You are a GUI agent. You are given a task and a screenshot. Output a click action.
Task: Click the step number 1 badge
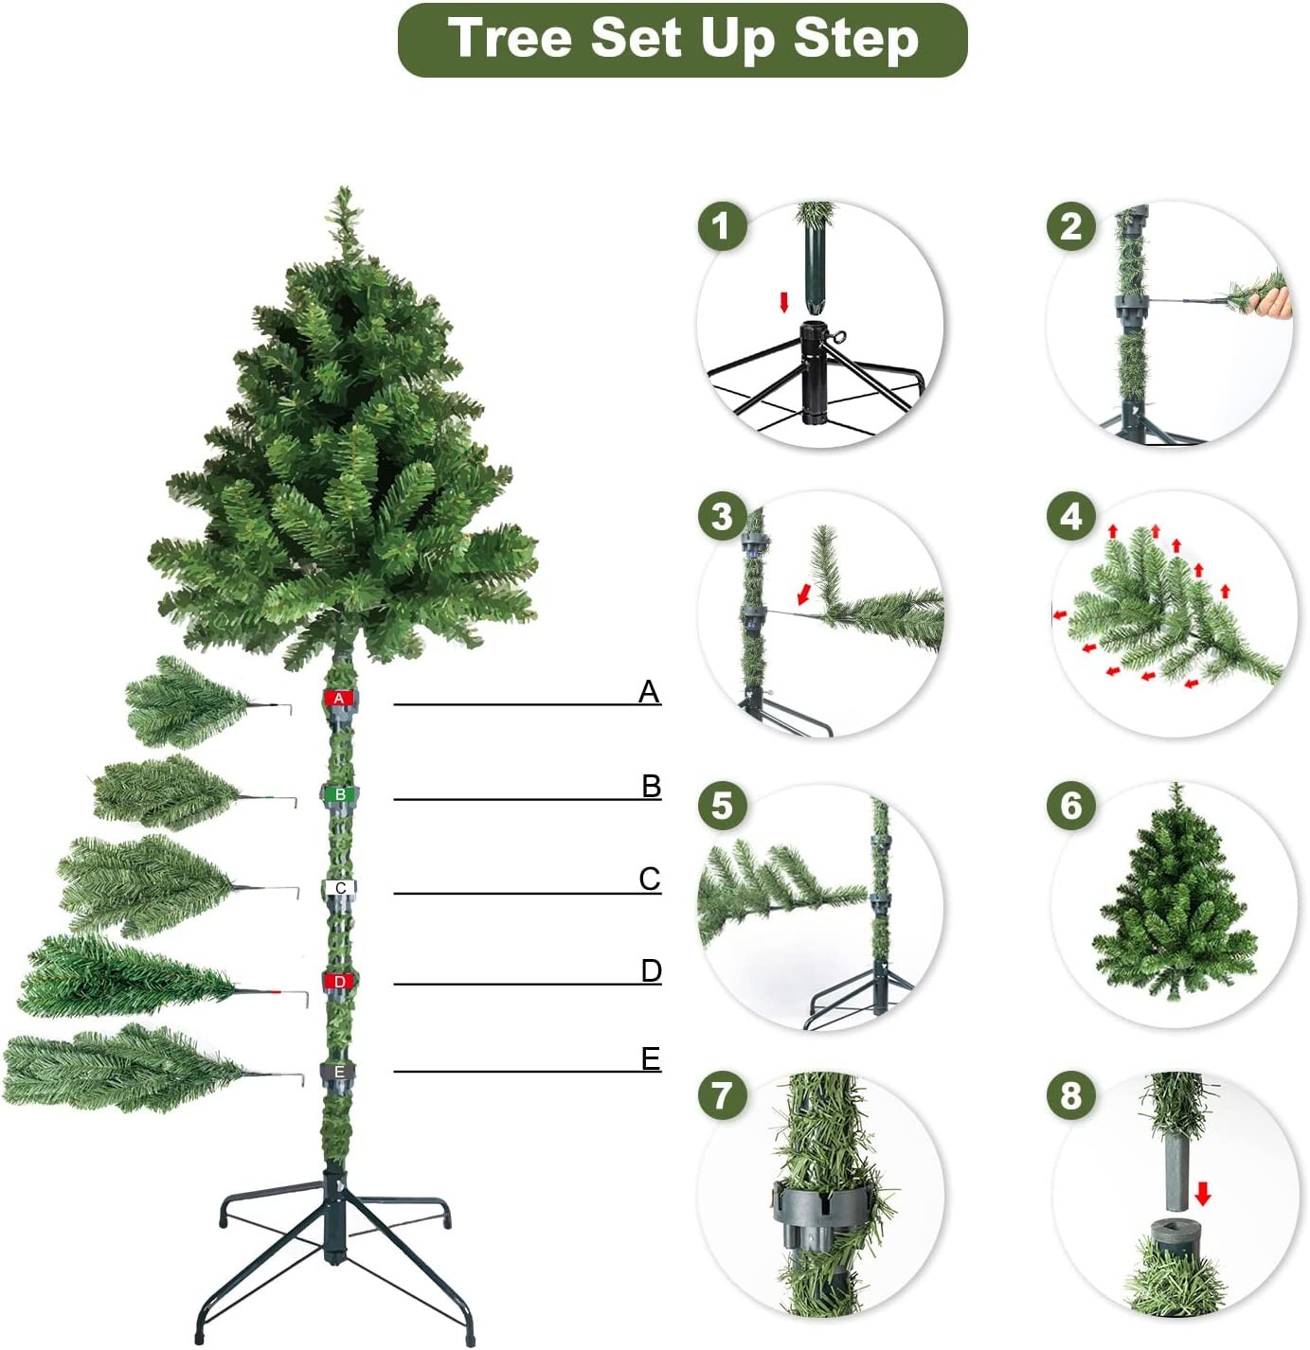722,226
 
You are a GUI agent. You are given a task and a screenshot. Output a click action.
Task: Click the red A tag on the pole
339,698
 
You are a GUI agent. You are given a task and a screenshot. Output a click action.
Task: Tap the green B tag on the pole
339,793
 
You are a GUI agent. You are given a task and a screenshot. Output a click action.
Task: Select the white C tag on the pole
340,888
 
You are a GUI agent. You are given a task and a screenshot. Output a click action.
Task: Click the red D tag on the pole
339,982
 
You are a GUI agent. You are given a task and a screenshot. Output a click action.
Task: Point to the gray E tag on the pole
339,1073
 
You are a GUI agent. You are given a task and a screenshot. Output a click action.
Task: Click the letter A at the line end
649,691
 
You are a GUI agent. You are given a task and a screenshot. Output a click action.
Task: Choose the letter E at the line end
651,1058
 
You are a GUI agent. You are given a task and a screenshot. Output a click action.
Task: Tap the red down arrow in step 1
783,302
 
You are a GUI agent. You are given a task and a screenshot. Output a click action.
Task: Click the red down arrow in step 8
1203,1194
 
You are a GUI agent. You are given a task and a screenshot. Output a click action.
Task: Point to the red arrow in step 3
804,595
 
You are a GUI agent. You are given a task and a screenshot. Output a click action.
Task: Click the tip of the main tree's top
343,187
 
